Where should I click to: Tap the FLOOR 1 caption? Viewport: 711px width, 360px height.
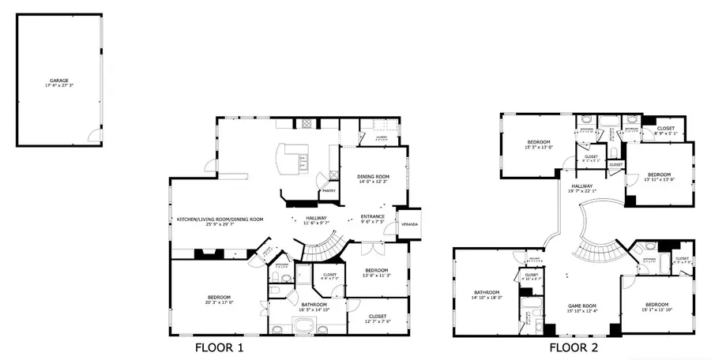coord(219,347)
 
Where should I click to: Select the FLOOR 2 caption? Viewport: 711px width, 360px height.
coord(574,347)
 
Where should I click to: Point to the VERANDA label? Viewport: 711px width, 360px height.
coord(410,225)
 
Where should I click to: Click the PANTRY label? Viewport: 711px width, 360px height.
coord(329,191)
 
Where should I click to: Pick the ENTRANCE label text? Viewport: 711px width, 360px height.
coord(372,216)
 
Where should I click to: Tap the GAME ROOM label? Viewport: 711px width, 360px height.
coord(582,306)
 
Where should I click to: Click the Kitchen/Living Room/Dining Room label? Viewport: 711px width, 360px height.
coord(220,219)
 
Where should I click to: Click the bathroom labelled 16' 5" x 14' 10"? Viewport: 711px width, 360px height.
coord(314,304)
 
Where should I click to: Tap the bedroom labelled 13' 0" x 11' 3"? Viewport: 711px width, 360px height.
coord(376,271)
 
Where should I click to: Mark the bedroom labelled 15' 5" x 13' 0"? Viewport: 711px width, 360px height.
coord(540,142)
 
